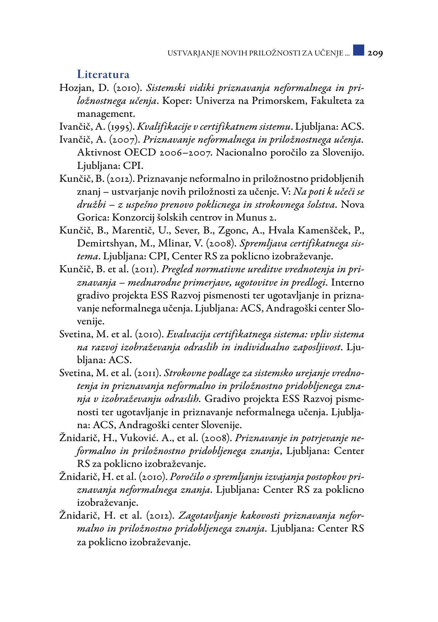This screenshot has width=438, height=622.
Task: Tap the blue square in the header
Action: tap(358, 50)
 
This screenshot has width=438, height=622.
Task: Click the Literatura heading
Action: tap(103, 75)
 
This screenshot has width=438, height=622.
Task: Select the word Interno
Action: tap(347, 283)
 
